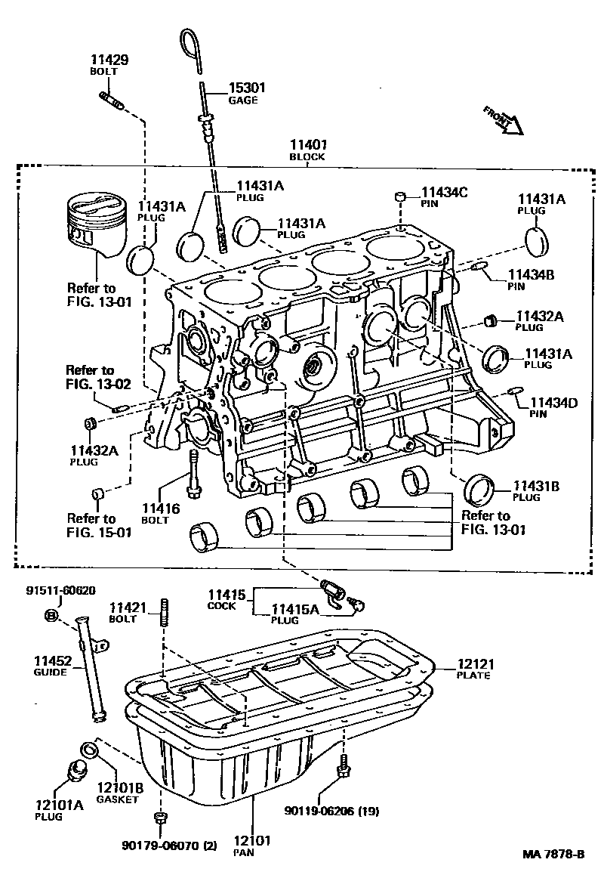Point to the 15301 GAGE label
(246, 93)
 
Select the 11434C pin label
(444, 198)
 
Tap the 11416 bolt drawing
(194, 473)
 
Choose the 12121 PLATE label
(474, 668)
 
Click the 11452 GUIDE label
(52, 666)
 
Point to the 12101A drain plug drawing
(75, 771)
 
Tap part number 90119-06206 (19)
(331, 812)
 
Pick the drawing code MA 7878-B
(555, 855)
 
